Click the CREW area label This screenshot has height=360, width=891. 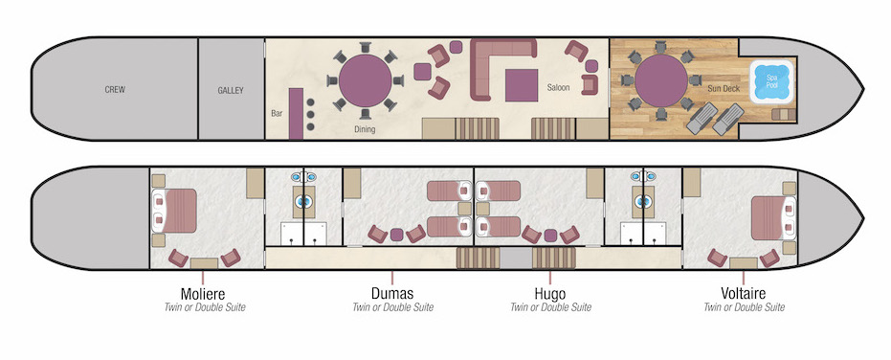[x=115, y=90]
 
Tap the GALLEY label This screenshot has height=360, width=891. [x=231, y=91]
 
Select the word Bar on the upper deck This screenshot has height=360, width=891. [x=277, y=113]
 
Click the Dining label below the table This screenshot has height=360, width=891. [x=365, y=128]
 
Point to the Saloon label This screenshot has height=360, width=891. [x=558, y=88]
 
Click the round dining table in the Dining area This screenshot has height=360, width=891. [x=365, y=80]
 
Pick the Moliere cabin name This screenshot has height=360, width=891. [x=209, y=293]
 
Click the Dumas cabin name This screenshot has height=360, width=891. [x=392, y=293]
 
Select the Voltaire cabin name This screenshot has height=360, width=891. [x=744, y=293]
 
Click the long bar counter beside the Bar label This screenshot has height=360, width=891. [x=296, y=113]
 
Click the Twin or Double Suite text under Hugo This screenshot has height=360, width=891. [x=550, y=307]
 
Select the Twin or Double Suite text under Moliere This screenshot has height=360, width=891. [x=209, y=307]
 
